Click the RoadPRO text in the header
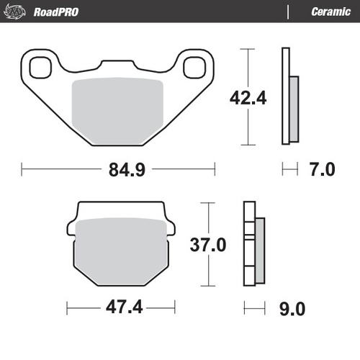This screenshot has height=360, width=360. pos(56,12)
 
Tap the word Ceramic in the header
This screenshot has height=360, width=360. pos(330,12)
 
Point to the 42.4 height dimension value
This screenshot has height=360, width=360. pos(249,97)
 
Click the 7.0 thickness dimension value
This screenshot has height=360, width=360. pos(321,170)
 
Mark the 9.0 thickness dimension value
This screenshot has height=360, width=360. pos(291,309)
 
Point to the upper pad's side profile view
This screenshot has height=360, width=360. pos(291,97)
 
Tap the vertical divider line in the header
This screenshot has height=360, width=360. pos(288,12)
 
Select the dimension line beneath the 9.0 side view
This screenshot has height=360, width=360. pos(254,309)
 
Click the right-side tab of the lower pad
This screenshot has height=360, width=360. pos(171,227)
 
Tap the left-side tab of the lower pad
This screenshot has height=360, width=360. pos(70,227)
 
